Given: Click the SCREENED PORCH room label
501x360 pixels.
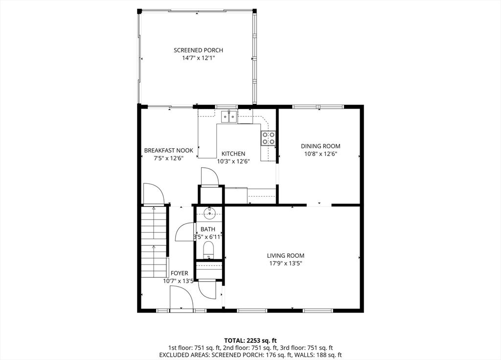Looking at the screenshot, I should (x=198, y=50).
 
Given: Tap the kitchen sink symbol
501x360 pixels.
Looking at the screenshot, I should (x=228, y=116).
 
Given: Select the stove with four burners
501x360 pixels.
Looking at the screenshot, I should (x=268, y=138).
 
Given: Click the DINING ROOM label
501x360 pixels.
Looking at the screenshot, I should (x=320, y=146).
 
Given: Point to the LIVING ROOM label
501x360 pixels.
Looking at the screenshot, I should (x=286, y=255).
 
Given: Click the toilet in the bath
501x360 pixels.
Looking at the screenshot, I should (x=208, y=249).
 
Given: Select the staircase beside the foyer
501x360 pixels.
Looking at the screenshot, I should (x=155, y=242).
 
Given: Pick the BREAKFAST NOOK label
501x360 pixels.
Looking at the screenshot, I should (x=168, y=150).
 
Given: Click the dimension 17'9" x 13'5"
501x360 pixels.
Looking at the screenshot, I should (x=286, y=264).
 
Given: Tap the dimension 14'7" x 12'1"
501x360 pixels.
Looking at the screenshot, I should (x=198, y=58).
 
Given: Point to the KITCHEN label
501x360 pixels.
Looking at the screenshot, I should (x=233, y=154).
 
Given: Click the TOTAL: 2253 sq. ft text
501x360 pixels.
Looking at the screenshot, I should (x=250, y=340).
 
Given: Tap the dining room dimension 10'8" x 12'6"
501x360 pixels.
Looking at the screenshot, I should (x=320, y=154).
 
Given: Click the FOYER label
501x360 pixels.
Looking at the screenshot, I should (x=179, y=273).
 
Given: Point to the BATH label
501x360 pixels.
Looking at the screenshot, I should (x=207, y=229).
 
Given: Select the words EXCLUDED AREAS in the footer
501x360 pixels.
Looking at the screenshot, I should (x=182, y=355).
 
